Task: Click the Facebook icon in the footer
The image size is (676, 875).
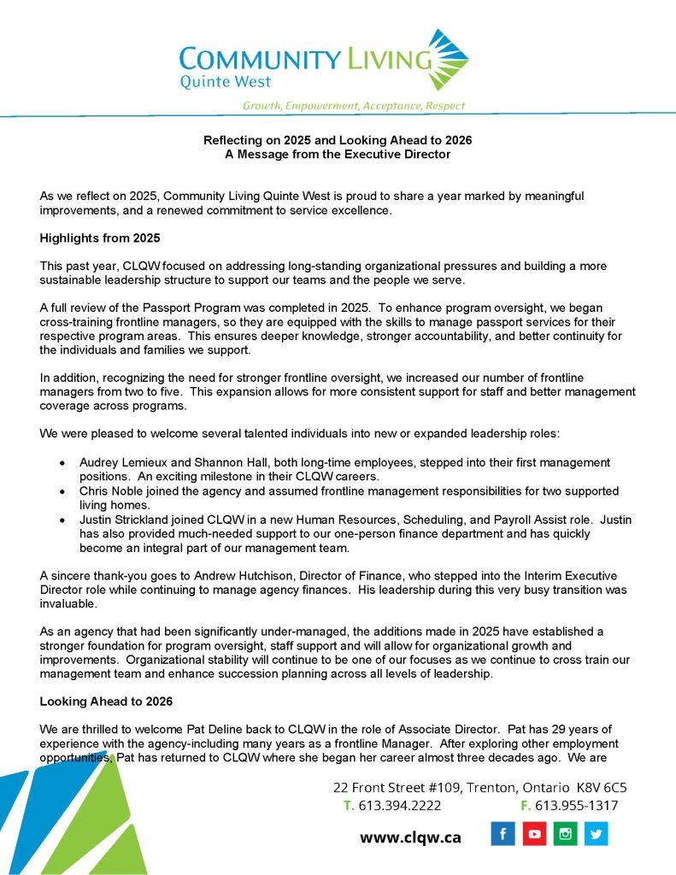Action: tap(503, 833)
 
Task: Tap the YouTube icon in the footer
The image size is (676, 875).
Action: tap(534, 833)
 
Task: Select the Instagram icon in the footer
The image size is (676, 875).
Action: tap(565, 833)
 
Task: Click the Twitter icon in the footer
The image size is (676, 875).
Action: tap(596, 833)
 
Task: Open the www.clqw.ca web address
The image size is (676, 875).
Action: tap(410, 837)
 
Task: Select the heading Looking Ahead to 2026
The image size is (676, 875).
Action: tap(107, 702)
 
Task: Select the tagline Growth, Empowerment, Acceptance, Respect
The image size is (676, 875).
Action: tap(354, 106)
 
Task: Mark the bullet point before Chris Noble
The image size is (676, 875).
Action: tap(62, 492)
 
